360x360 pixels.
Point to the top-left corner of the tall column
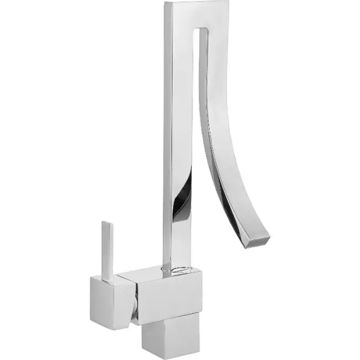click(165, 3)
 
